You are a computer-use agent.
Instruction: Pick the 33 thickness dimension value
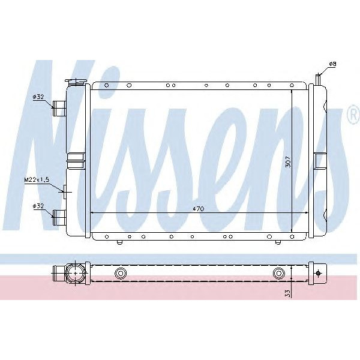click(x=287, y=293)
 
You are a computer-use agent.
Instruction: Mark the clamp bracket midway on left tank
click(x=76, y=160)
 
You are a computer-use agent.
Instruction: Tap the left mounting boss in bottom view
click(x=121, y=274)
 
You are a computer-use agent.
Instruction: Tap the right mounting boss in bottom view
click(x=278, y=274)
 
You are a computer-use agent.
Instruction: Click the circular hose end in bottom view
click(x=75, y=274)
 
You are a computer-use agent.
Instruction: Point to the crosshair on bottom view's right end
click(x=317, y=274)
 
